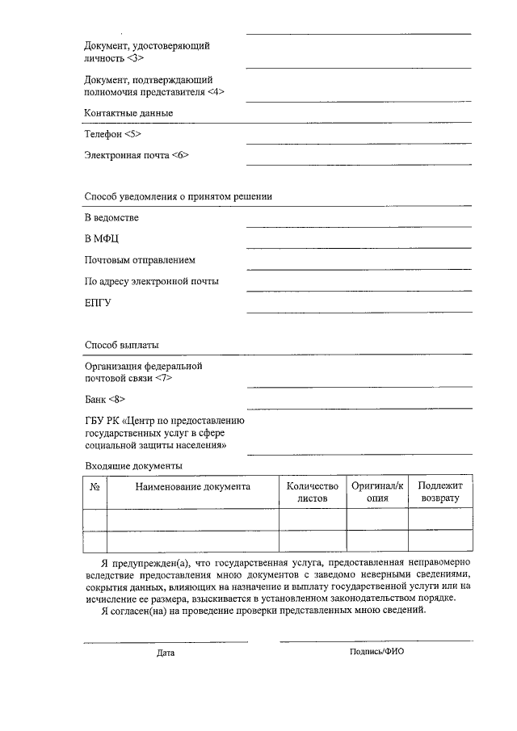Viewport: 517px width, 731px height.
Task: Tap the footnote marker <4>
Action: [216, 92]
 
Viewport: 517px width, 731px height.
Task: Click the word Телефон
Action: [103, 134]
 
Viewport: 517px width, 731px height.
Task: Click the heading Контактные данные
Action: [128, 113]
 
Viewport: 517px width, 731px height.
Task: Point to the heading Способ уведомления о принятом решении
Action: [178, 196]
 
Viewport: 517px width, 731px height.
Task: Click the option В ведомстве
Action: [111, 218]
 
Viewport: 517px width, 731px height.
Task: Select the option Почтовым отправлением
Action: [140, 260]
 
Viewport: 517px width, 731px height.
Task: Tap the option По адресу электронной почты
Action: [152, 281]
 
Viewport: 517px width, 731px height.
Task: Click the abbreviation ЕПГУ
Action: [98, 303]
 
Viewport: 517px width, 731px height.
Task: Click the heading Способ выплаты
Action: [121, 345]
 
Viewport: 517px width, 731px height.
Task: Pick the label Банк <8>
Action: [105, 399]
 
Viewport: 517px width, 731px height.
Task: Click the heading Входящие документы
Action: [133, 466]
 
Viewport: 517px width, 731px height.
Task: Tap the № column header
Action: [95, 486]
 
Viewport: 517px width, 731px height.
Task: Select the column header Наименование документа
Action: [193, 486]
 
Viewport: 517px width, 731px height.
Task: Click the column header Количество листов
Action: [313, 492]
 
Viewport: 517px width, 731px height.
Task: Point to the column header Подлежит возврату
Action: [440, 492]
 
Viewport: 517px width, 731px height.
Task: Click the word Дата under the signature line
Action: [166, 653]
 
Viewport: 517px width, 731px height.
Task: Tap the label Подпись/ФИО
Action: [376, 651]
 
